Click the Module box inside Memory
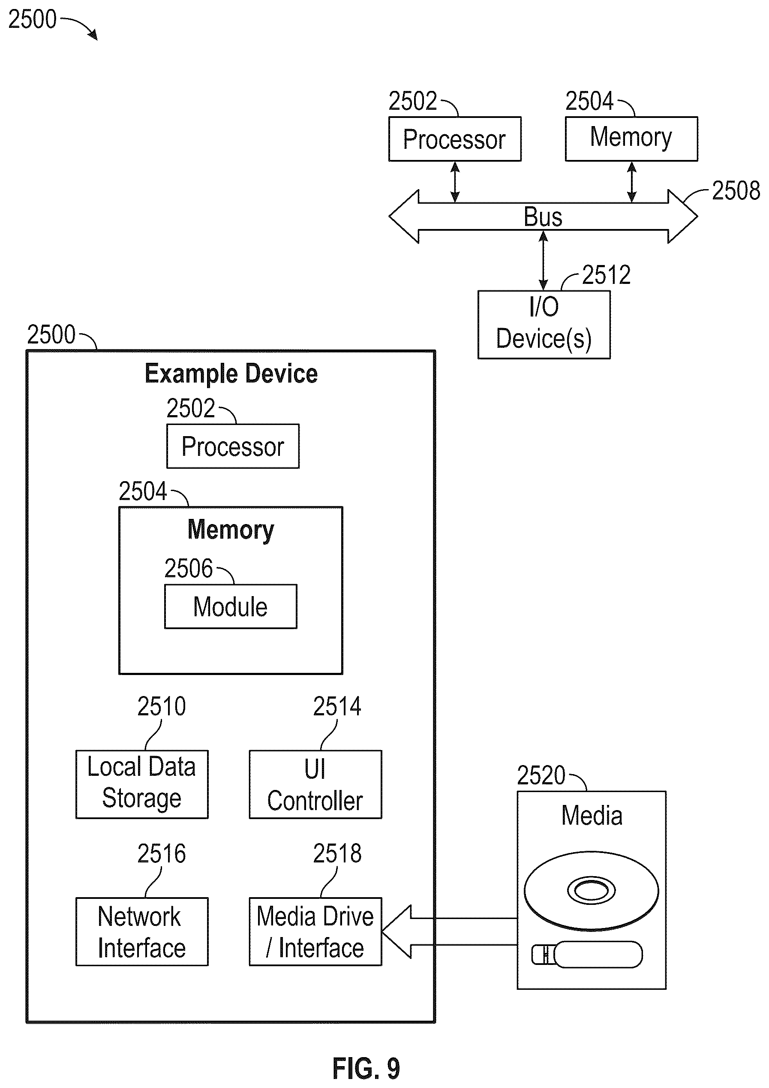(x=231, y=606)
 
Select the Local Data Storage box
(x=142, y=784)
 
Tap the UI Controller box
(x=315, y=784)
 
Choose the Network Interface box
(x=142, y=931)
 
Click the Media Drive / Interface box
(x=315, y=931)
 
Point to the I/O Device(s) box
(x=544, y=325)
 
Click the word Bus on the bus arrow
(x=543, y=217)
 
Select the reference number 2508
(x=736, y=190)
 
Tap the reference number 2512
(x=606, y=275)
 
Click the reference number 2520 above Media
(x=541, y=776)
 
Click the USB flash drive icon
(x=587, y=954)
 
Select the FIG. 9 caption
(x=366, y=1069)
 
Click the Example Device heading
(x=231, y=374)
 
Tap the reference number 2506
(x=189, y=568)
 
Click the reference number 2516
(x=162, y=853)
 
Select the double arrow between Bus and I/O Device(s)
(x=544, y=261)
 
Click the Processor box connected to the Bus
(x=455, y=139)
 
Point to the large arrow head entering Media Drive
(x=396, y=931)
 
